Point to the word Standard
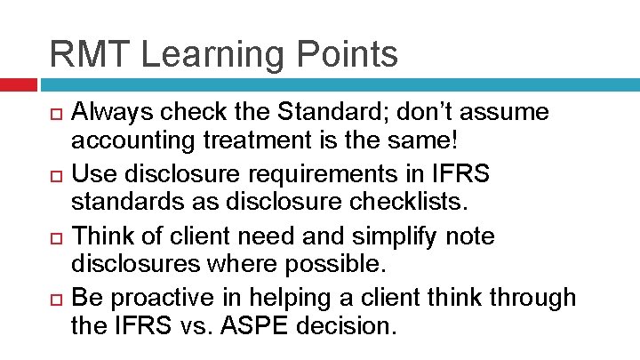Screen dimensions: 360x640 click(x=312, y=113)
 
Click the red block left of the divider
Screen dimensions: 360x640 click(x=18, y=85)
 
